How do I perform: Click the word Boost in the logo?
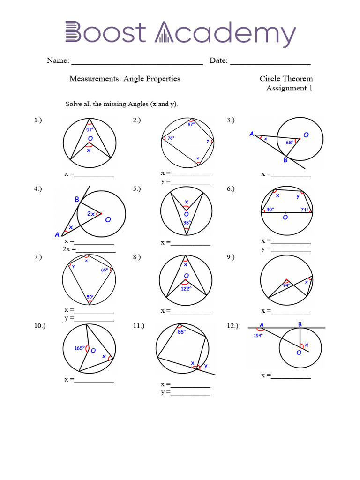105,33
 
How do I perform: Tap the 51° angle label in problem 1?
90,129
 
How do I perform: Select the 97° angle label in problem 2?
191,124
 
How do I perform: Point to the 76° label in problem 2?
171,138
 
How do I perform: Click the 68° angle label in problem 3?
290,142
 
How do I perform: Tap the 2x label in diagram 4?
91,214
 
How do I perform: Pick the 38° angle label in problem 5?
187,223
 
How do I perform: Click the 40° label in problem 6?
270,210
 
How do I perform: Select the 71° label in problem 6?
304,210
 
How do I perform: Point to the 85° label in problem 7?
104,270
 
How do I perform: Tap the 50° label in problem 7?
90,296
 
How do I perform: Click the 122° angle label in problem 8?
187,289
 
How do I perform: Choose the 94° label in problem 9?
286,285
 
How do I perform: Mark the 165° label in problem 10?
79,348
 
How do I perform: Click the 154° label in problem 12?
258,335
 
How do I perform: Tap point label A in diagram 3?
252,134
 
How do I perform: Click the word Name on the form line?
58,60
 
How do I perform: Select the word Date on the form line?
218,60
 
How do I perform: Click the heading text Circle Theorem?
286,79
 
